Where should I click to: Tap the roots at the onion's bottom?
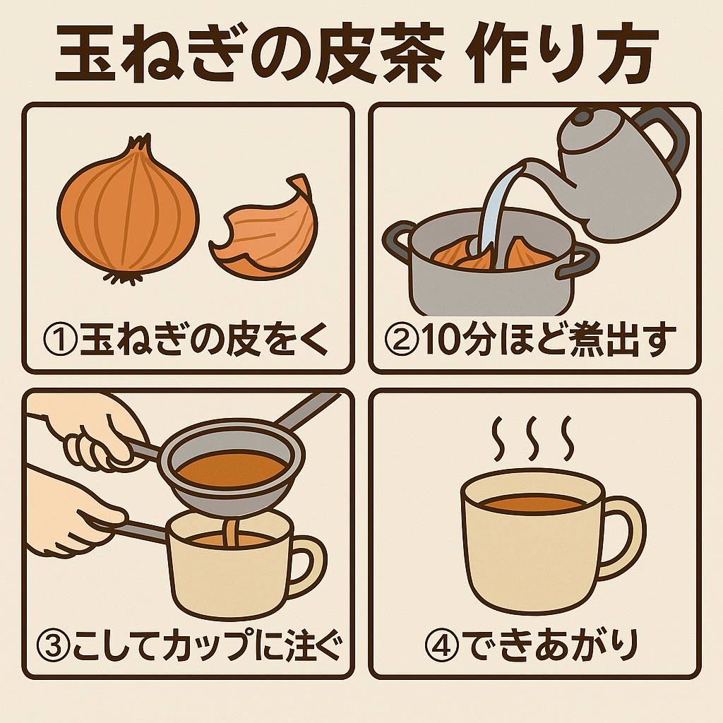(123, 277)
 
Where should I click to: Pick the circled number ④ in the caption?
(441, 645)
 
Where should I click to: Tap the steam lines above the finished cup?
(533, 438)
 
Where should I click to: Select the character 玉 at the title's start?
(85, 52)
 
